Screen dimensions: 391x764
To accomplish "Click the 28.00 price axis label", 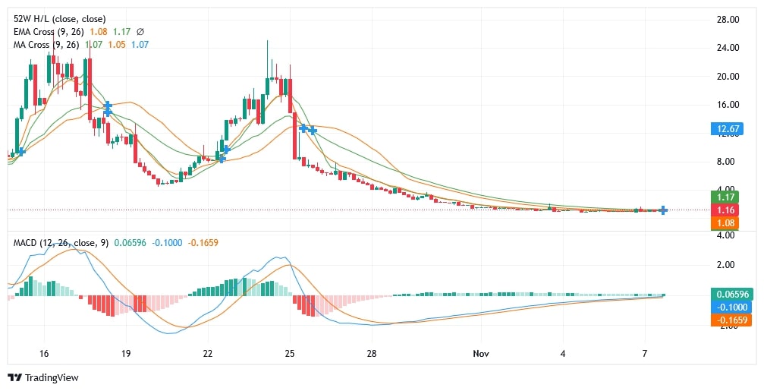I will (728, 19).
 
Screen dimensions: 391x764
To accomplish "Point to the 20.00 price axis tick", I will (728, 76).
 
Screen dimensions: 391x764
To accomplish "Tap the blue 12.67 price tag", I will (728, 128).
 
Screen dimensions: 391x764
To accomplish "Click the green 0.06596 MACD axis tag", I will (731, 294).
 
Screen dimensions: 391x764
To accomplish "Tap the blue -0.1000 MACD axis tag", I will (731, 307).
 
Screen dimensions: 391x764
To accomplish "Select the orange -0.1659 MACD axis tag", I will (731, 320).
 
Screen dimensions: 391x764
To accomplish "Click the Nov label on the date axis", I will (480, 354).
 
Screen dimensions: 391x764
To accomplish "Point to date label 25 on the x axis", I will (290, 354).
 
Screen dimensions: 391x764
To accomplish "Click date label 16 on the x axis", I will (43, 354).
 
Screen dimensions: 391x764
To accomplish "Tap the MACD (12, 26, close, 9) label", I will (61, 243).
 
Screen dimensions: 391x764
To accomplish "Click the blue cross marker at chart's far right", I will (663, 210).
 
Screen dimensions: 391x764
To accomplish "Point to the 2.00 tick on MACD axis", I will (728, 265).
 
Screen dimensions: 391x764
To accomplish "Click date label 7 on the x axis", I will (644, 354).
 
